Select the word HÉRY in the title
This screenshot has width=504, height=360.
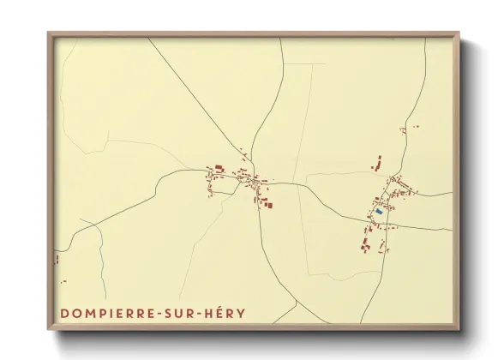226,314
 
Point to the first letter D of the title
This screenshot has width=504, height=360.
64,314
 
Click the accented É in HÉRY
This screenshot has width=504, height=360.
220,313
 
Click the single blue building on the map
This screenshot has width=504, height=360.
379,211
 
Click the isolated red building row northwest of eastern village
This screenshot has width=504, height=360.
375,161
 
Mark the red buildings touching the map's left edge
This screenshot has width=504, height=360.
57,258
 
